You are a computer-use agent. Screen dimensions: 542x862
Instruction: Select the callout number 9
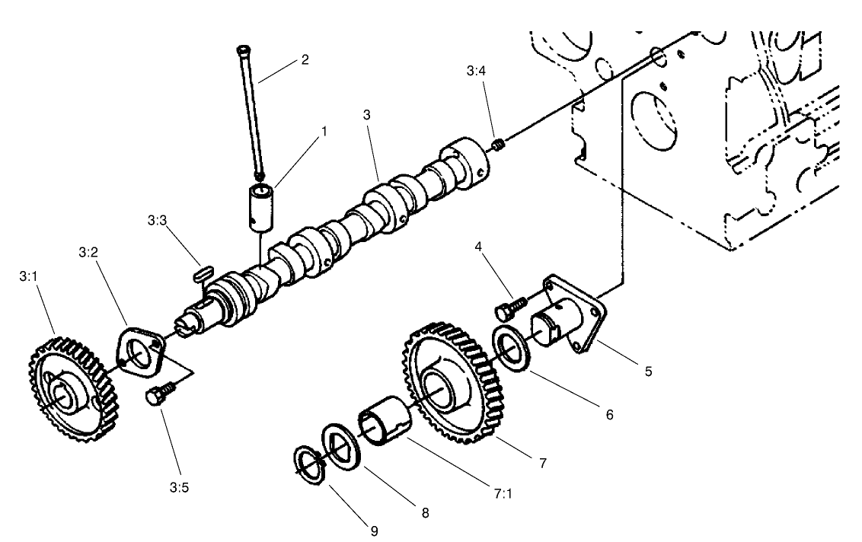(374, 530)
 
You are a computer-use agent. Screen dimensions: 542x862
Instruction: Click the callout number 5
(647, 371)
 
